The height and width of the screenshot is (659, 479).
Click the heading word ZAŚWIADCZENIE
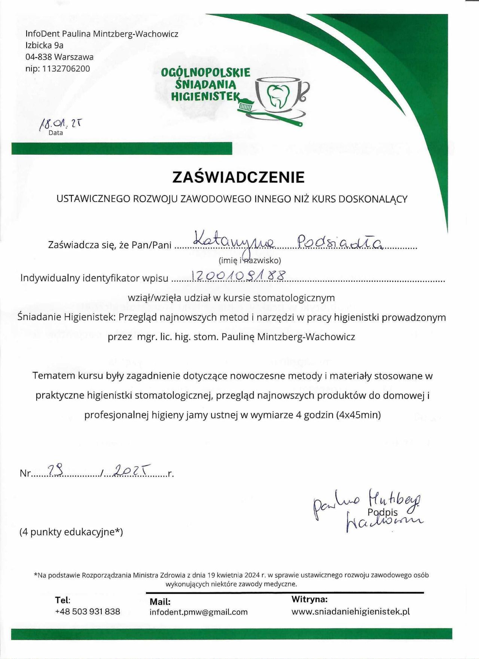coord(238,177)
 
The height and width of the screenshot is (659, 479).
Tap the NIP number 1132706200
coord(66,68)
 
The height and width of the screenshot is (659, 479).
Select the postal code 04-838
coord(39,57)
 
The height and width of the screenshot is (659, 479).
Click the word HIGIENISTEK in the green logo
coord(205,97)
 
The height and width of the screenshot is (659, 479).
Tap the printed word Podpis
coord(382,512)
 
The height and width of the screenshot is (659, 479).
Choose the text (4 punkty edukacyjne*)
coord(71,532)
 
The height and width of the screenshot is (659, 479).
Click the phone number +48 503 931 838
coord(88,611)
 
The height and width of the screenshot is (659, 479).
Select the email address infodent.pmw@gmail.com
coord(199,612)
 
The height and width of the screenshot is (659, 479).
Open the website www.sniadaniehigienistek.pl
coord(351,611)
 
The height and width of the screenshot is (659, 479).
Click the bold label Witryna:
coord(309,599)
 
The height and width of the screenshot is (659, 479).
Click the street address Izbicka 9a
coord(45,45)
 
